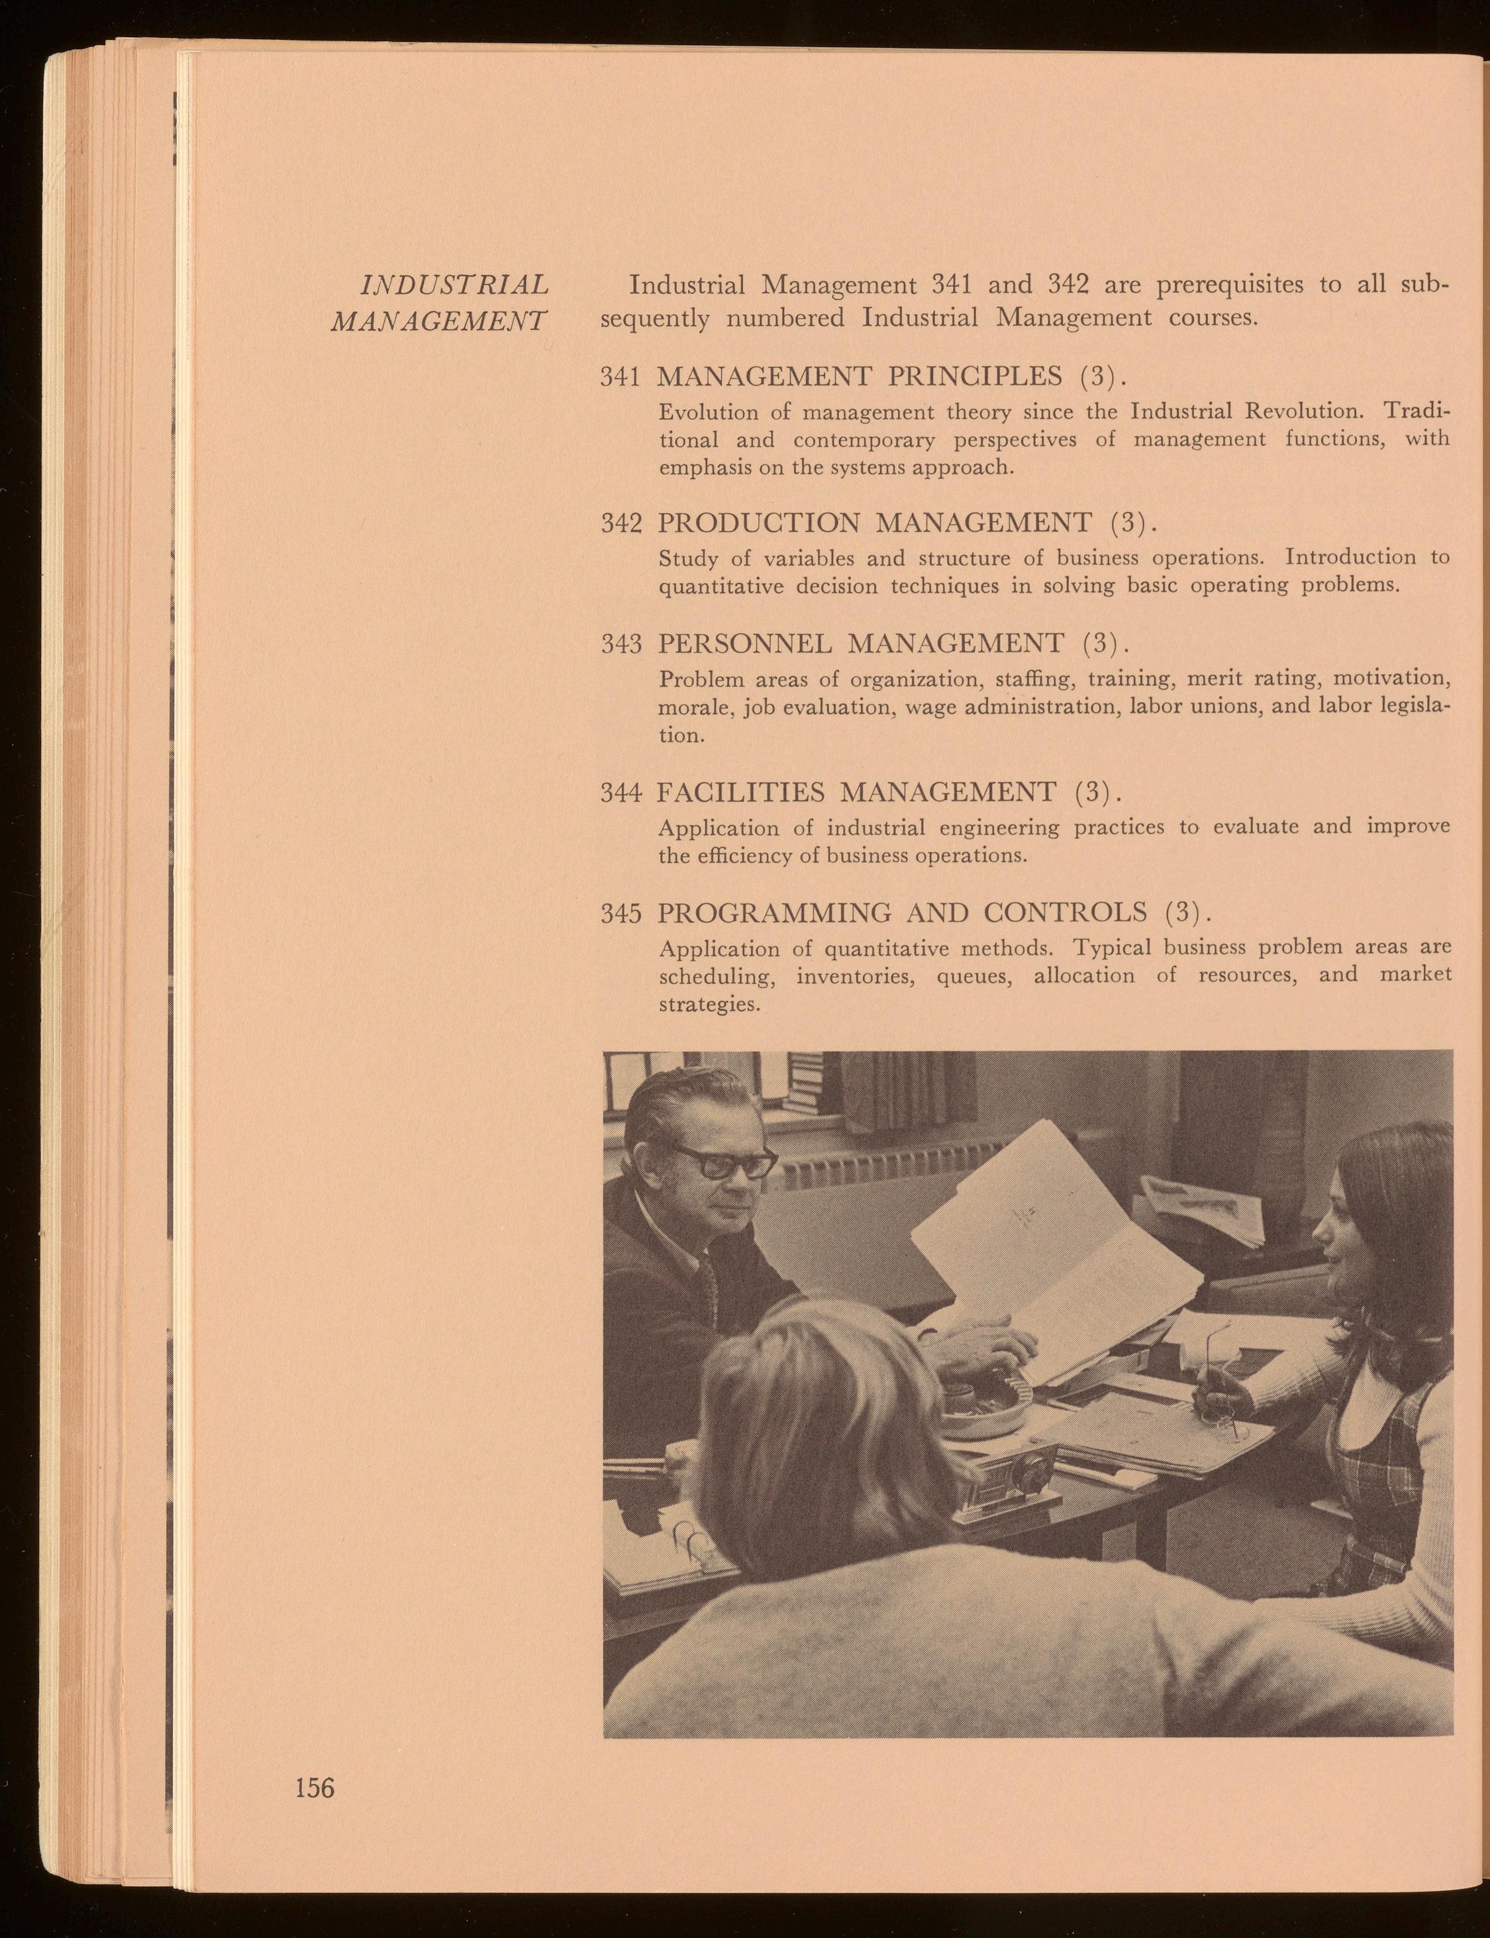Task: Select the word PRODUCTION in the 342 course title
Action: pyautogui.click(x=758, y=523)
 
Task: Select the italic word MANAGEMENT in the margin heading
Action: pyautogui.click(x=439, y=320)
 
